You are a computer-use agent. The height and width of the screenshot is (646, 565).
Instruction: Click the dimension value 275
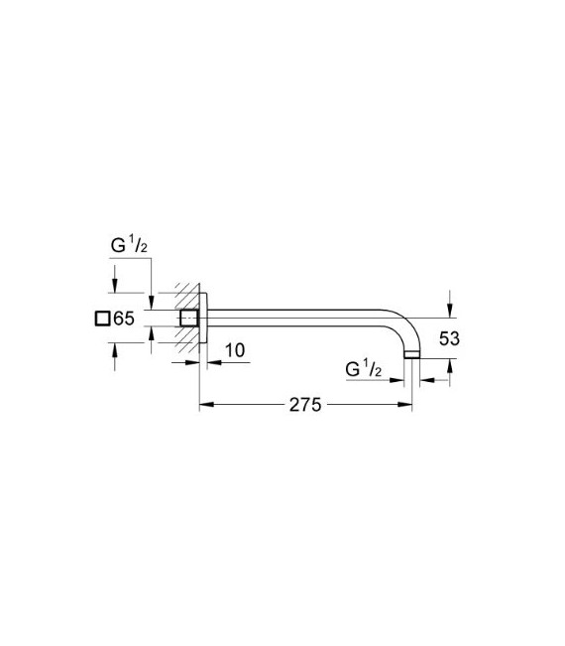tap(303, 406)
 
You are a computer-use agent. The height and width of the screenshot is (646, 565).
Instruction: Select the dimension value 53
tap(449, 338)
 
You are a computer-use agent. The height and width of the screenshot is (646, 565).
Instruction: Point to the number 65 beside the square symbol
tap(123, 319)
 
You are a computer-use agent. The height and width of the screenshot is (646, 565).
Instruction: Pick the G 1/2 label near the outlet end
tap(363, 369)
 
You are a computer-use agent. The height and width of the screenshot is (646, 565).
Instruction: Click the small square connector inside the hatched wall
tap(188, 319)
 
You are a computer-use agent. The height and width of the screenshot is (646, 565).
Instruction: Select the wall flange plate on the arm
tap(204, 319)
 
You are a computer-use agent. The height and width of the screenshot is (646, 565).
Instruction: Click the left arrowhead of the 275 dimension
tap(206, 406)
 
